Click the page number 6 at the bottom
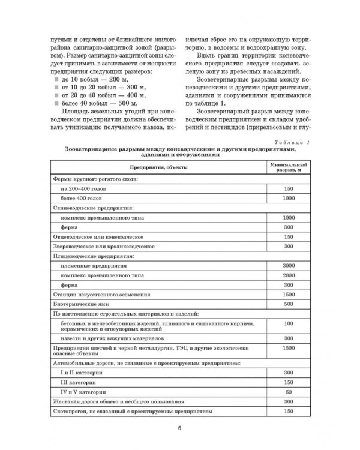(x=179, y=428)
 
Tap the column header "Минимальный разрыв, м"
(x=289, y=166)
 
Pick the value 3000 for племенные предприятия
(x=289, y=265)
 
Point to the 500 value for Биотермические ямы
(x=289, y=304)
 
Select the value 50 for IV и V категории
(x=289, y=391)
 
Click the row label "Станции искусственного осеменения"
(x=96, y=295)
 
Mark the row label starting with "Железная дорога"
(x=117, y=401)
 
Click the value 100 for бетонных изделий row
(x=289, y=323)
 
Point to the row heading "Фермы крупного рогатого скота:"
(x=96, y=179)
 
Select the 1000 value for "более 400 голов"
(x=289, y=197)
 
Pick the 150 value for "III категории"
(x=289, y=381)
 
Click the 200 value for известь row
(x=289, y=337)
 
